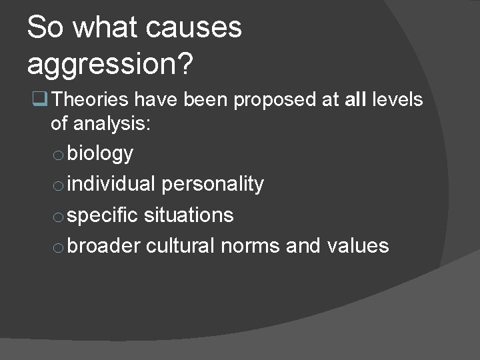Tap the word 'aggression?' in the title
click(x=111, y=64)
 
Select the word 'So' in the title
click(x=46, y=28)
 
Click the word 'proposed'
click(x=273, y=101)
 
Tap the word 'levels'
click(x=399, y=100)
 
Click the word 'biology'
click(x=100, y=154)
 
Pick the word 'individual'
click(x=111, y=184)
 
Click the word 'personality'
click(x=213, y=185)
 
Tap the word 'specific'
click(x=103, y=215)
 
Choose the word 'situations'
click(x=189, y=215)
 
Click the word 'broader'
click(x=104, y=245)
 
